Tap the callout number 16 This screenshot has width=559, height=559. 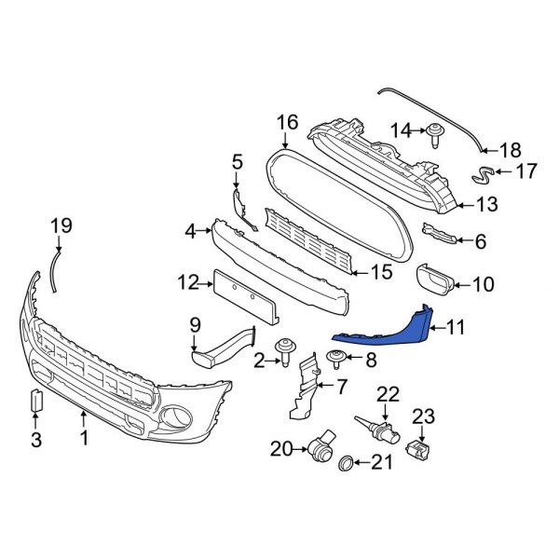[287, 122]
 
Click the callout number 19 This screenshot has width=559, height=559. [61, 225]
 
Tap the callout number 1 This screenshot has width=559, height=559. [84, 436]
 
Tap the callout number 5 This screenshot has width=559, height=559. [237, 163]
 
